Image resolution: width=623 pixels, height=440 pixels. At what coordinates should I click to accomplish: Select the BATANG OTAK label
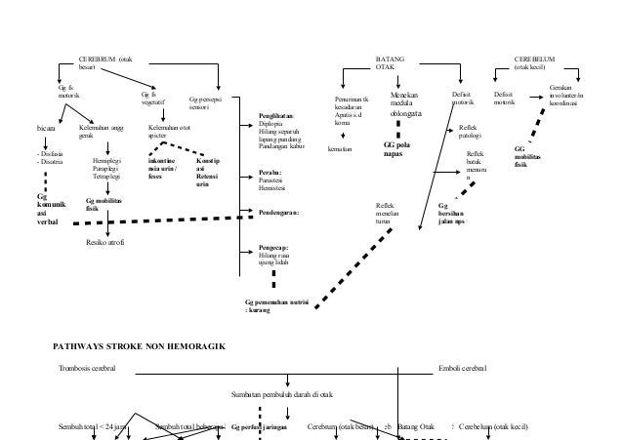tap(390, 63)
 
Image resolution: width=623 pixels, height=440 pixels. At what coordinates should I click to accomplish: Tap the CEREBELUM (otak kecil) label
tap(535, 63)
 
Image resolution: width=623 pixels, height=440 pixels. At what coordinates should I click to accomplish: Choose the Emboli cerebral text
tap(466, 370)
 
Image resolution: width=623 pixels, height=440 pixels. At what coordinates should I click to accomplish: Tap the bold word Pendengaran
tap(279, 210)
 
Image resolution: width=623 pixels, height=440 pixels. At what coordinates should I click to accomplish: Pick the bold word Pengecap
tap(273, 248)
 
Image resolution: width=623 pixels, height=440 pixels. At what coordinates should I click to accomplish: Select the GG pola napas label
tap(395, 149)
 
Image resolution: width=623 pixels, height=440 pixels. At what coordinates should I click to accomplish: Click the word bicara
tap(45, 127)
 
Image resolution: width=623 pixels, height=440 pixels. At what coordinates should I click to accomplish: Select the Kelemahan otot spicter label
tap(169, 131)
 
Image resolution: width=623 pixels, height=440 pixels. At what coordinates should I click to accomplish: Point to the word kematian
tap(340, 149)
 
